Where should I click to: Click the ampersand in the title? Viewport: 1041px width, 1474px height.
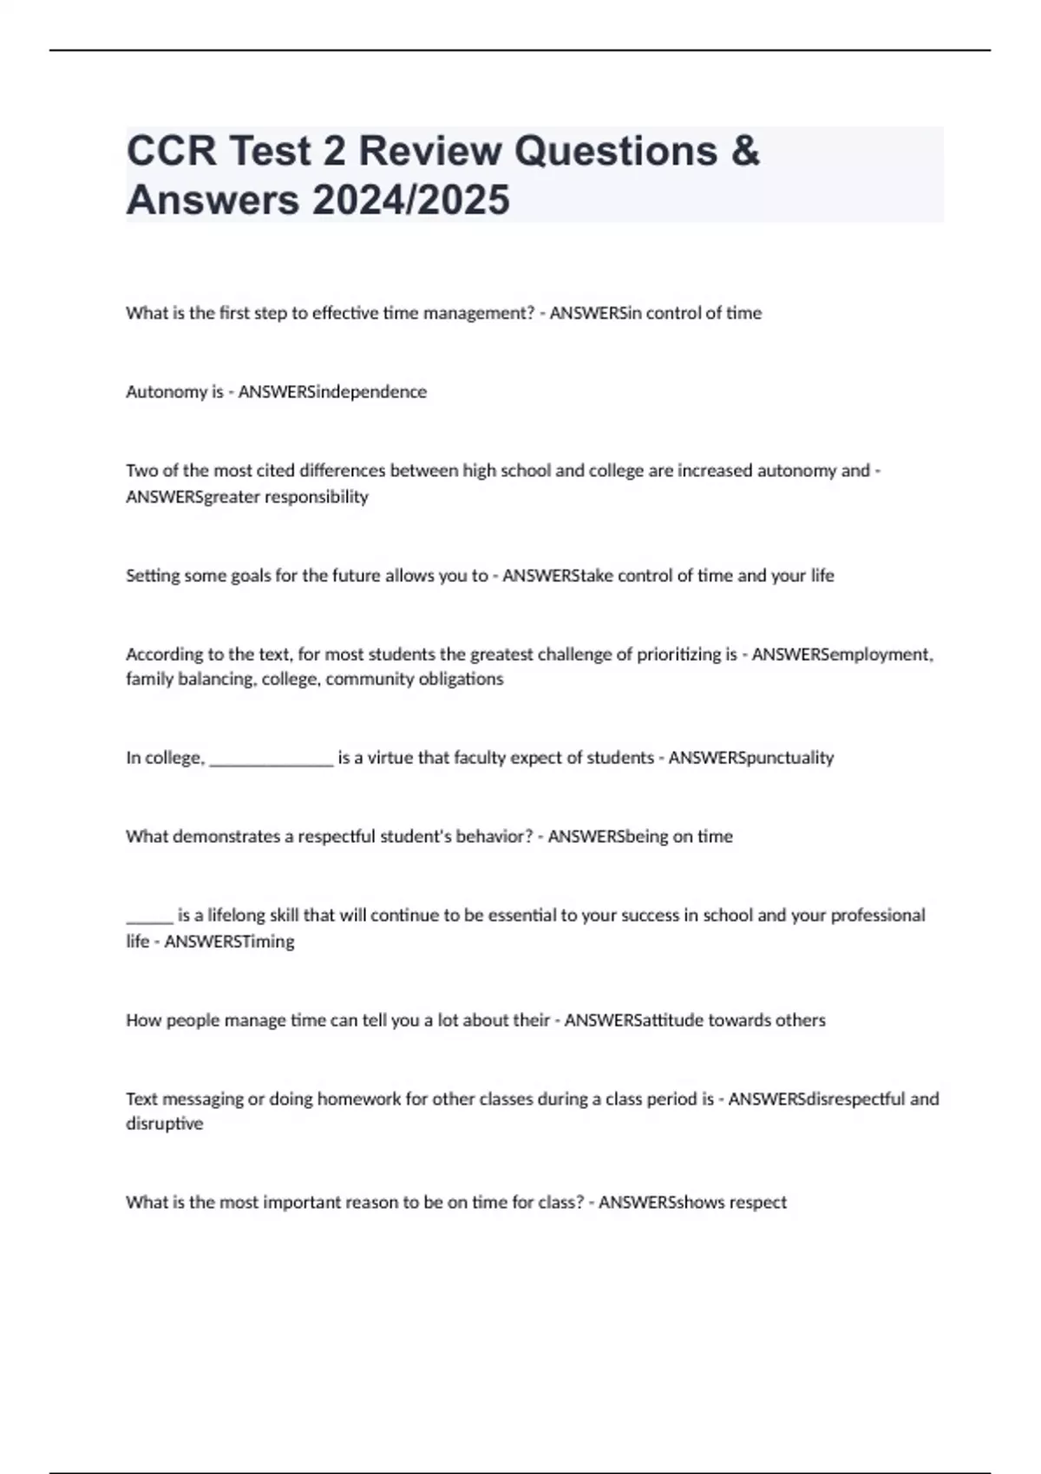(x=745, y=151)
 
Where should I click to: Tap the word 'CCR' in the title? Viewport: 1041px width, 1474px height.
(x=171, y=151)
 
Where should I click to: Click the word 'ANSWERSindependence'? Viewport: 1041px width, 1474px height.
(x=332, y=392)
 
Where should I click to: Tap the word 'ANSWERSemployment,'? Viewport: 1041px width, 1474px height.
(x=842, y=655)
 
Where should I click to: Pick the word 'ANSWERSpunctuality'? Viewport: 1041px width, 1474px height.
(x=751, y=758)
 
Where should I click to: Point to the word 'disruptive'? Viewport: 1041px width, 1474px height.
(x=164, y=1124)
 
